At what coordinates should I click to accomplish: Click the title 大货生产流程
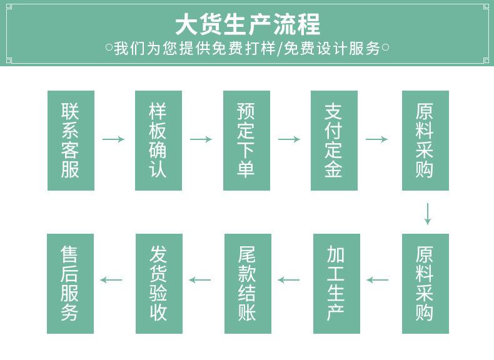pyautogui.click(x=248, y=24)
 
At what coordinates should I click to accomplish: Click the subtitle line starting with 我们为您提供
pyautogui.click(x=248, y=48)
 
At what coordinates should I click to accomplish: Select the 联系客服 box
pyautogui.click(x=71, y=141)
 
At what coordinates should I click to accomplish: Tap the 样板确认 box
pyautogui.click(x=158, y=141)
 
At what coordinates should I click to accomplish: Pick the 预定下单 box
pyautogui.click(x=246, y=141)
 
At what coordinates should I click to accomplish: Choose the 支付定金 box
pyautogui.click(x=334, y=141)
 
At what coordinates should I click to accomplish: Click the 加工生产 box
pyautogui.click(x=336, y=284)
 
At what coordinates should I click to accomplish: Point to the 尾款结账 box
pyautogui.click(x=248, y=284)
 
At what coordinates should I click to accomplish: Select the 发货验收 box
pyautogui.click(x=159, y=284)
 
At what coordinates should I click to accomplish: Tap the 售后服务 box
pyautogui.click(x=70, y=284)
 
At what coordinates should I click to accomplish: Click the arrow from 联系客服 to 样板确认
pyautogui.click(x=113, y=139)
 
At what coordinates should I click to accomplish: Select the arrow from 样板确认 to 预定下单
pyautogui.click(x=201, y=139)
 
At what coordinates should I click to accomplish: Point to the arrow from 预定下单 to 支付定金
pyautogui.click(x=289, y=139)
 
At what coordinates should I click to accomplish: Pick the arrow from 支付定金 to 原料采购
pyautogui.click(x=376, y=139)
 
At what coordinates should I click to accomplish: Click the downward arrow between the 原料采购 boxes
pyautogui.click(x=428, y=214)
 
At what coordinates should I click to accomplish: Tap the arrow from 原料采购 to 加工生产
pyautogui.click(x=378, y=279)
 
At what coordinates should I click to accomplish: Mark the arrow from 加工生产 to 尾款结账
pyautogui.click(x=289, y=279)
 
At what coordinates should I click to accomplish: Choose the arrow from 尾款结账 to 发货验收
pyautogui.click(x=199, y=279)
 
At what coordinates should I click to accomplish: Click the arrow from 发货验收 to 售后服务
pyautogui.click(x=111, y=279)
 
